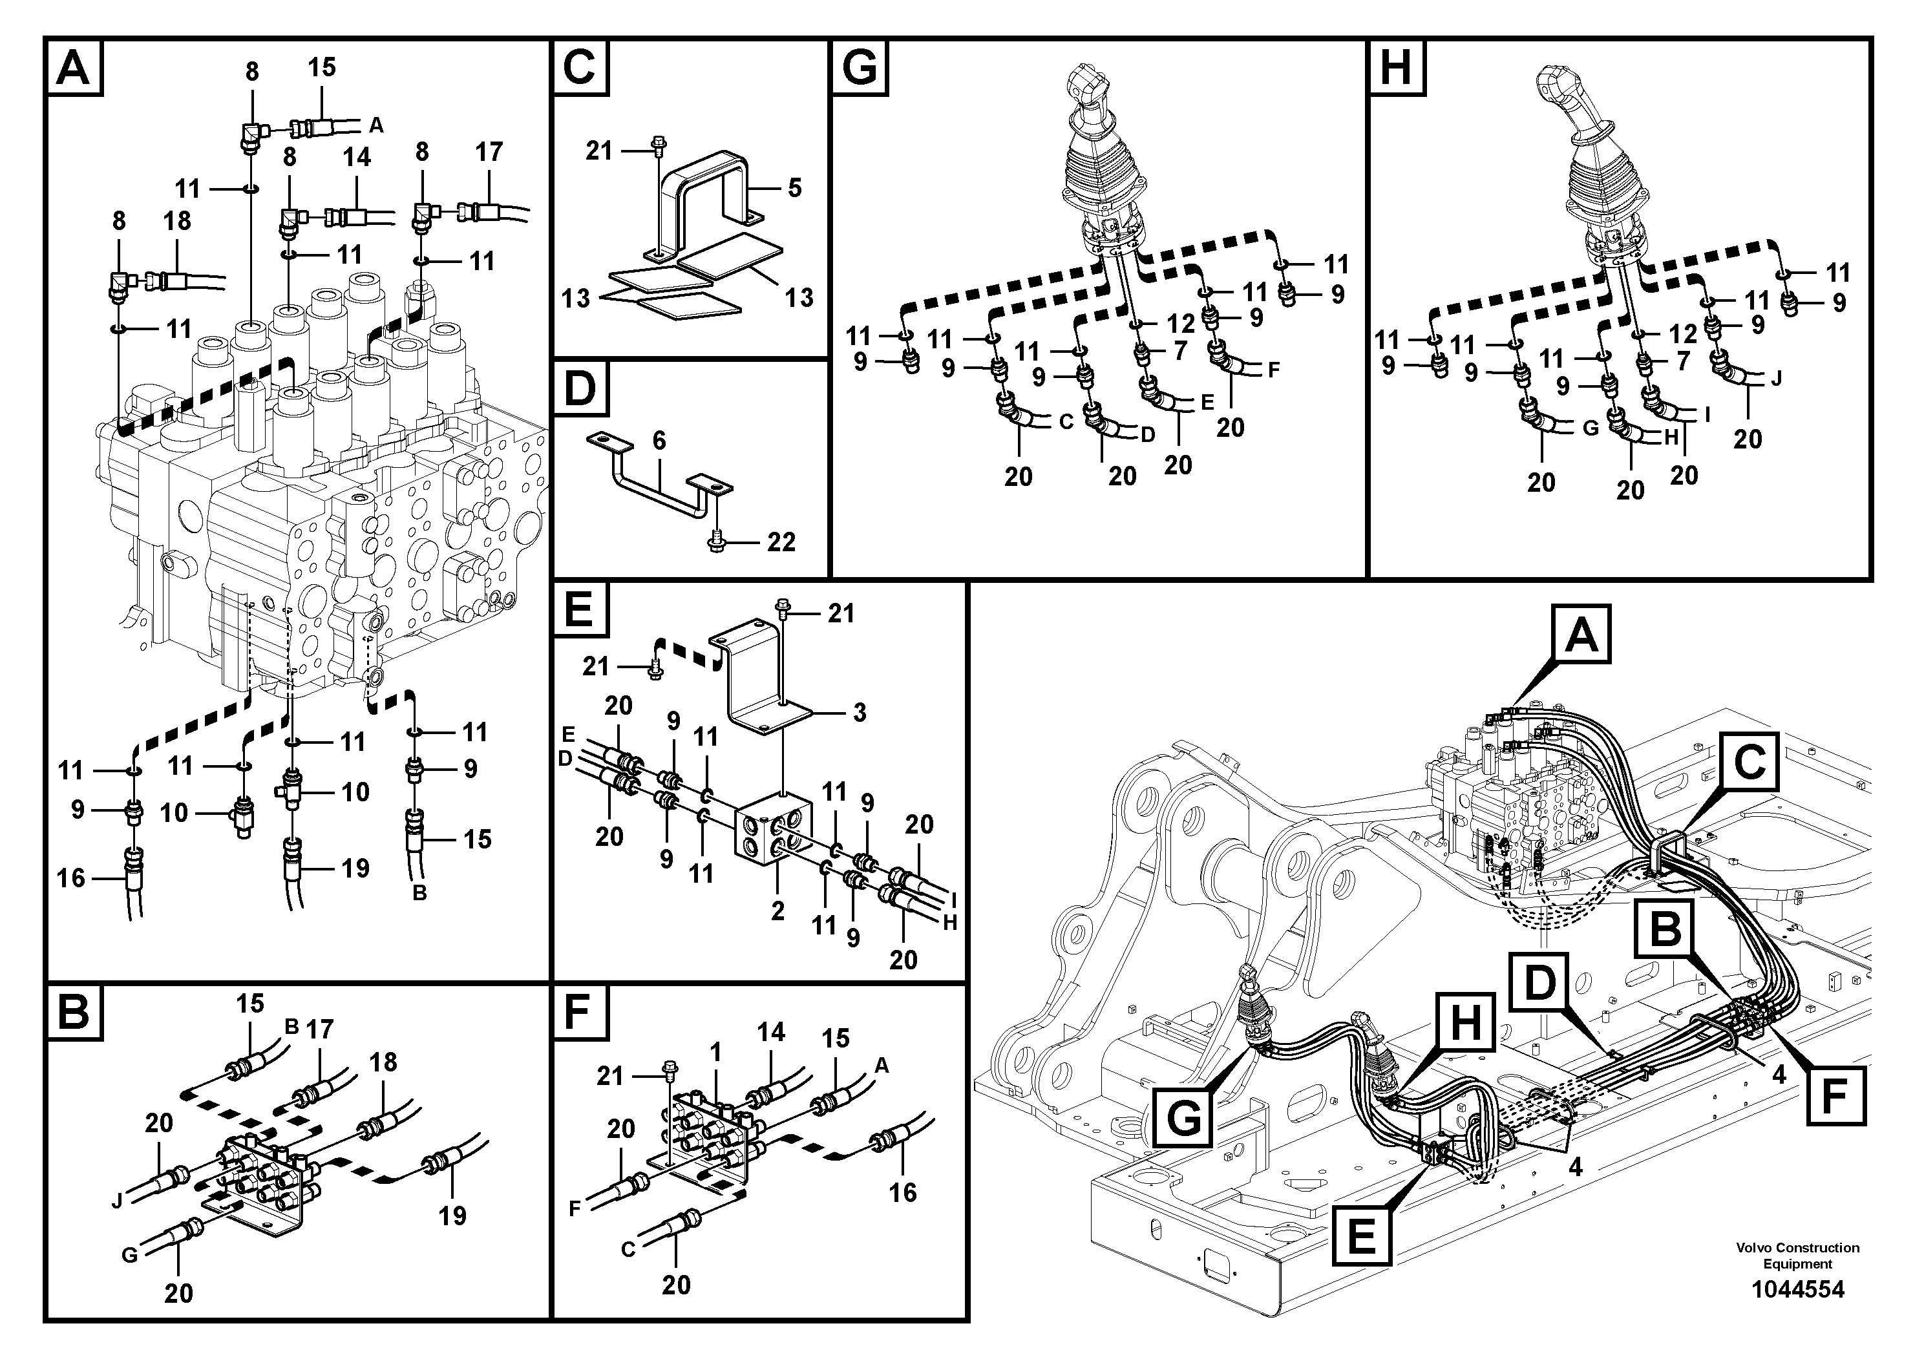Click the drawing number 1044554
[1797, 1289]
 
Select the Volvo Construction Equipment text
[1797, 1255]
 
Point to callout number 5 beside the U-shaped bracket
[794, 187]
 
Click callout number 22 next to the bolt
[781, 542]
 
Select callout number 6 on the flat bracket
[659, 441]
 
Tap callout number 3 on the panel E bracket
[859, 713]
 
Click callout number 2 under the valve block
[777, 911]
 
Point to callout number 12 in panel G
[1181, 323]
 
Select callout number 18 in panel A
[177, 221]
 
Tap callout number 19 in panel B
[452, 1215]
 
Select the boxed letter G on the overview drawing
[1183, 1116]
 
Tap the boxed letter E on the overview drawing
[1361, 1235]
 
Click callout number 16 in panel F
[902, 1192]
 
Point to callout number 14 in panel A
[356, 158]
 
